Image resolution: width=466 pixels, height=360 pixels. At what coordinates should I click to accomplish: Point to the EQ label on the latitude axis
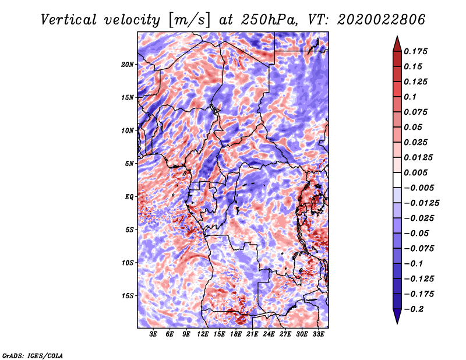[129, 197]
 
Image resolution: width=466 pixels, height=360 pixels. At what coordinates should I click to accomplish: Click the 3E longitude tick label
[154, 334]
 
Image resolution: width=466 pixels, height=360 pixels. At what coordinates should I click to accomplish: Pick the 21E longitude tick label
[252, 334]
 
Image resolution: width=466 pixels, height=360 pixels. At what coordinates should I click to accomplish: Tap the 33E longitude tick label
[318, 334]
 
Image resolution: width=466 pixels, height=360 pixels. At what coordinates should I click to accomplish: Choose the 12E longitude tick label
[203, 334]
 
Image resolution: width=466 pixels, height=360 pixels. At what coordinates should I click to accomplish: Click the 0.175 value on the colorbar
[416, 51]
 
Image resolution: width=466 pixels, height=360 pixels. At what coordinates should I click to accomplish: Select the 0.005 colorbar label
[416, 172]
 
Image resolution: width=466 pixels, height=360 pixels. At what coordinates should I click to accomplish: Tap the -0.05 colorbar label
[416, 233]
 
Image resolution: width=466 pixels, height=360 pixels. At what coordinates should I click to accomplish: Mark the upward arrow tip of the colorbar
[397, 37]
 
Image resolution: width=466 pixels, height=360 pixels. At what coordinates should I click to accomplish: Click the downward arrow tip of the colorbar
[397, 322]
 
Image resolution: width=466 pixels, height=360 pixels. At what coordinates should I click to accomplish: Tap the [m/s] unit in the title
[188, 20]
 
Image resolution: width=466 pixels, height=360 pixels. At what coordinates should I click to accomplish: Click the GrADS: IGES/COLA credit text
[32, 355]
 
